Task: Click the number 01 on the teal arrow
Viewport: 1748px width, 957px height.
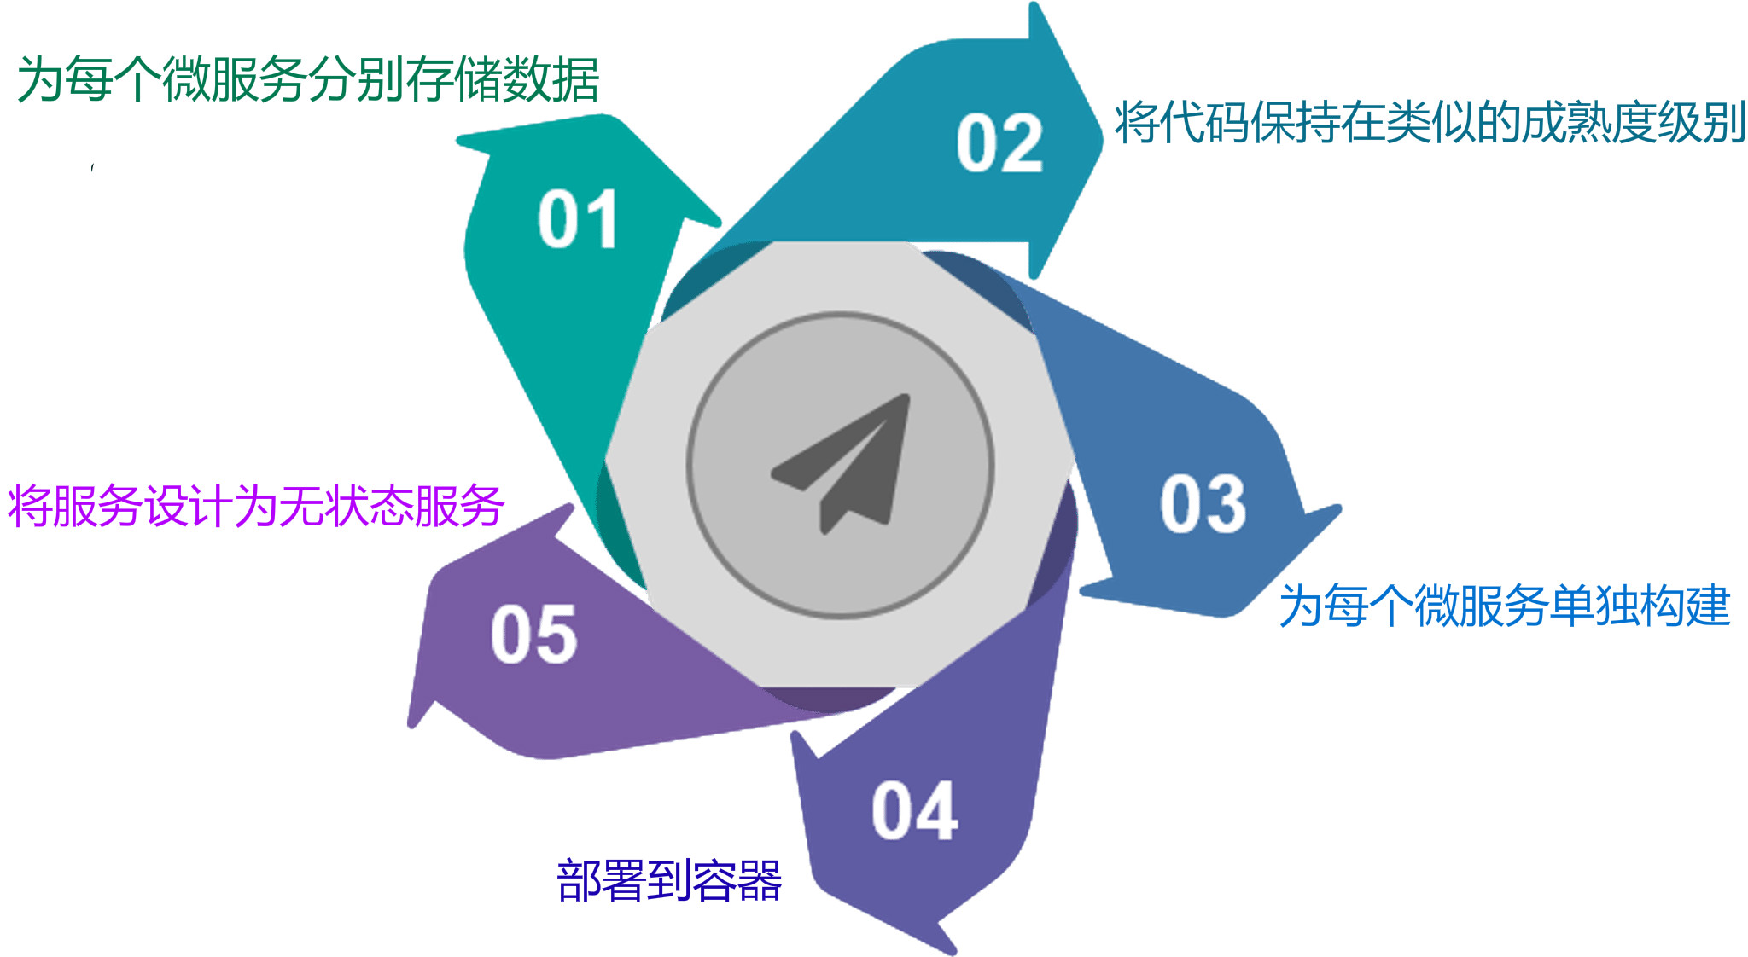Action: pos(578,220)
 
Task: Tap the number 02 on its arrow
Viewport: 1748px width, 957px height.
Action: pos(999,143)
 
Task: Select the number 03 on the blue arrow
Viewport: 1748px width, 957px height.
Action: pos(1203,504)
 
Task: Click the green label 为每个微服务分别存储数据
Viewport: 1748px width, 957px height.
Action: pos(308,79)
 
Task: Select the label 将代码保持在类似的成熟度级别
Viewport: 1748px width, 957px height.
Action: pos(1430,122)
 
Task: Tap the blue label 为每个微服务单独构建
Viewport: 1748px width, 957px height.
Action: pos(1505,606)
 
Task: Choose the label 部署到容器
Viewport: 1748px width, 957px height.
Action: pos(669,880)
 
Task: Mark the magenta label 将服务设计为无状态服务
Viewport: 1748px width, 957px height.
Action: pos(256,506)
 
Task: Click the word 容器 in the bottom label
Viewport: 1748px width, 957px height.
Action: pos(737,880)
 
